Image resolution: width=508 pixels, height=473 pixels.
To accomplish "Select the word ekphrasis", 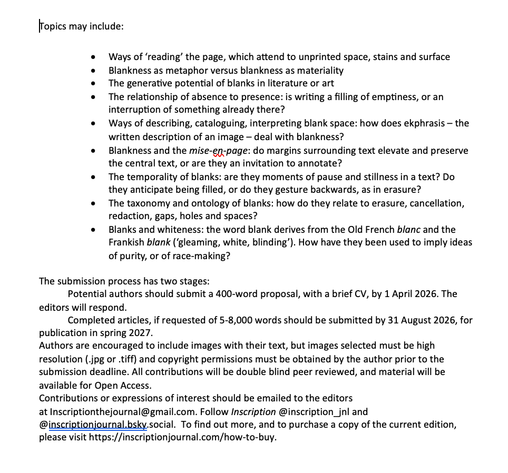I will (420, 123).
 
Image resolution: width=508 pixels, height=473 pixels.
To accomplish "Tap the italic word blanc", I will (408, 230).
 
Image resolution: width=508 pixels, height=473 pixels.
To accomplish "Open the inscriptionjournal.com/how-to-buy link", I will (182, 437).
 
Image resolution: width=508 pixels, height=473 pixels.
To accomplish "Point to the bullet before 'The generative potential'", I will (93, 83).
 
